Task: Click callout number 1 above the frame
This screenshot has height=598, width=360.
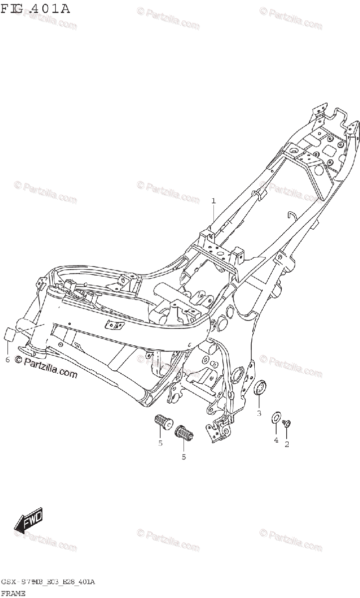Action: click(x=213, y=201)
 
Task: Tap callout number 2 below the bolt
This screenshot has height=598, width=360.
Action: click(x=287, y=444)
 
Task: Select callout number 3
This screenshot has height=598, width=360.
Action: click(x=259, y=413)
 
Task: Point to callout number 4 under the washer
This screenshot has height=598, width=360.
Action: click(x=275, y=440)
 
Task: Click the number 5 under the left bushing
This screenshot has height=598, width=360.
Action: click(x=160, y=443)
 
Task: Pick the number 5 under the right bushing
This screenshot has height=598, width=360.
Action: click(x=183, y=456)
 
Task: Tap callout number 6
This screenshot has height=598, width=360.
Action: click(x=7, y=360)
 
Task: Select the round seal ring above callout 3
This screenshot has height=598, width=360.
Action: click(x=260, y=387)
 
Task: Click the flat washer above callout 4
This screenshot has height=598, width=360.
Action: click(x=275, y=418)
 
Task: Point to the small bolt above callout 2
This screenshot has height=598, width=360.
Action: click(x=287, y=424)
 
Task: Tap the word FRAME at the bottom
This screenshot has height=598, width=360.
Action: click(x=13, y=593)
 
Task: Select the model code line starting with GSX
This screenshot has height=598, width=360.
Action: click(x=48, y=582)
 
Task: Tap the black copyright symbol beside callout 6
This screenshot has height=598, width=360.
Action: click(x=18, y=361)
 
